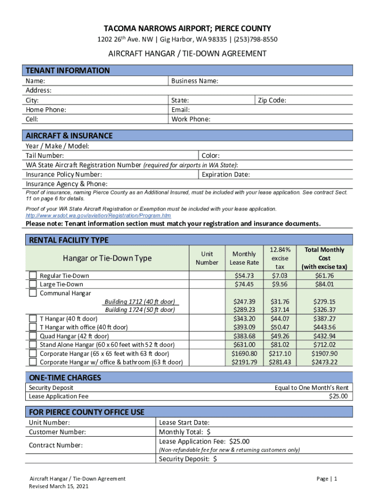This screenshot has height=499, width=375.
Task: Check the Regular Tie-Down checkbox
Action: [33, 276]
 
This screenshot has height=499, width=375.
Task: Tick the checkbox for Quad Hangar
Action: [33, 336]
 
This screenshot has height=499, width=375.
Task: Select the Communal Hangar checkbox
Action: [33, 293]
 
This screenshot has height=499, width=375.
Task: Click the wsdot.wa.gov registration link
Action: [98, 215]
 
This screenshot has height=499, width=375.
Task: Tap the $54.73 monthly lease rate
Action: [244, 276]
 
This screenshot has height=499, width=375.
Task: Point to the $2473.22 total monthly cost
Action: [324, 362]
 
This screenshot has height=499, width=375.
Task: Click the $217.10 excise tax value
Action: [280, 353]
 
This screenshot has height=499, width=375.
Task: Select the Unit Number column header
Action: [207, 258]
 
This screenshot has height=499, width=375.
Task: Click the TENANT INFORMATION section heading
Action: [68, 70]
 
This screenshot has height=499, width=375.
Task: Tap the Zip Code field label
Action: [272, 100]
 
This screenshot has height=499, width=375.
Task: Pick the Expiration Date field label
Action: [225, 174]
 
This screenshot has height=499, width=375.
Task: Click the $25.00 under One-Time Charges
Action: [338, 397]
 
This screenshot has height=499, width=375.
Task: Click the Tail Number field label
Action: [45, 155]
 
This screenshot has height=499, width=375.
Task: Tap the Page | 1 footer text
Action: [326, 479]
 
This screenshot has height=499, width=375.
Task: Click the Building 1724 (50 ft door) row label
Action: [140, 310]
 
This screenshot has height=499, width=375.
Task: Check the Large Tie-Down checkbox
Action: [33, 284]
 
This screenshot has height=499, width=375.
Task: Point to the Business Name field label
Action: [195, 81]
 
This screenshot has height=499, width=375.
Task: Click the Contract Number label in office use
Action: [56, 445]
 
